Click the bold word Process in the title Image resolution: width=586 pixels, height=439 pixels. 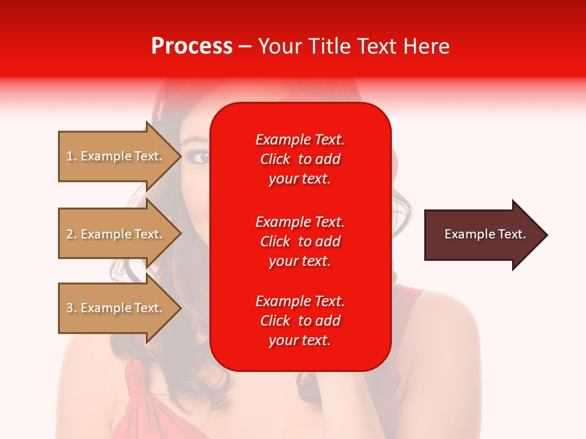coord(192,46)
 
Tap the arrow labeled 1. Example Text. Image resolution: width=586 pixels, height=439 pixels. coord(116,156)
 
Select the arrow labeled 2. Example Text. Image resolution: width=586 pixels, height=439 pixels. coord(116,234)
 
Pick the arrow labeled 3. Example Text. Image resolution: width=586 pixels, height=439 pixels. coord(116,308)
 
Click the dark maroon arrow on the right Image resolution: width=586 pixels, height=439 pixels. coord(482,234)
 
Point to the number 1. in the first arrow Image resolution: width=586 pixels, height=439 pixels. coord(71,156)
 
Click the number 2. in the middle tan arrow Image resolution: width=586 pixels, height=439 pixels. coord(71,234)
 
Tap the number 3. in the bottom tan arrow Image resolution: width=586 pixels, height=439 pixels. coord(71,308)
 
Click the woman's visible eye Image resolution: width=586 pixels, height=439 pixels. coord(200,157)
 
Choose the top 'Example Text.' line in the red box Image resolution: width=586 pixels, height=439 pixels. coord(300,140)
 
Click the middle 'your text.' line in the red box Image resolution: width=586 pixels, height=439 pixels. coord(300,261)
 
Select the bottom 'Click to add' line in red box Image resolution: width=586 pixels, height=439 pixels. coord(300,321)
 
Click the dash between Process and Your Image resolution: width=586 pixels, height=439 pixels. coord(245,46)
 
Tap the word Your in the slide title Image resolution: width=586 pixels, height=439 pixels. coord(280,46)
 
